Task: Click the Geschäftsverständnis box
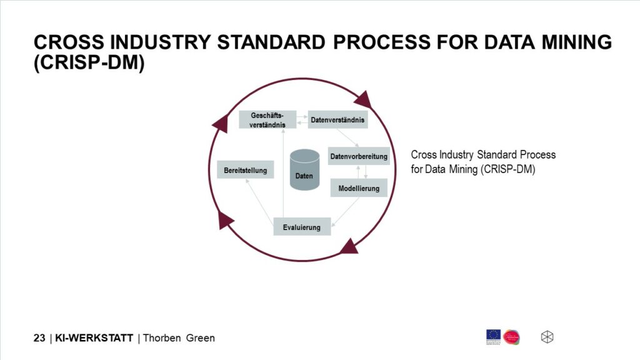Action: pos(267,119)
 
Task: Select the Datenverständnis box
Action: pos(338,119)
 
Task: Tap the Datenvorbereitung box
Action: pos(359,156)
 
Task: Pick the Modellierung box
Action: pos(359,187)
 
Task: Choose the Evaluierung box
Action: pos(302,226)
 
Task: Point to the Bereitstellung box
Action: pos(246,170)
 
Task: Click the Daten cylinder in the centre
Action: pos(304,167)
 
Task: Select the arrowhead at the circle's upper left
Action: pos(221,122)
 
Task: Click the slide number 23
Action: pos(39,338)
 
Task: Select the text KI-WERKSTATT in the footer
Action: pos(94,338)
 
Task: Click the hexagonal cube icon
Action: pos(547,337)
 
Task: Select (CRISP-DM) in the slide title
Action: pos(89,64)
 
